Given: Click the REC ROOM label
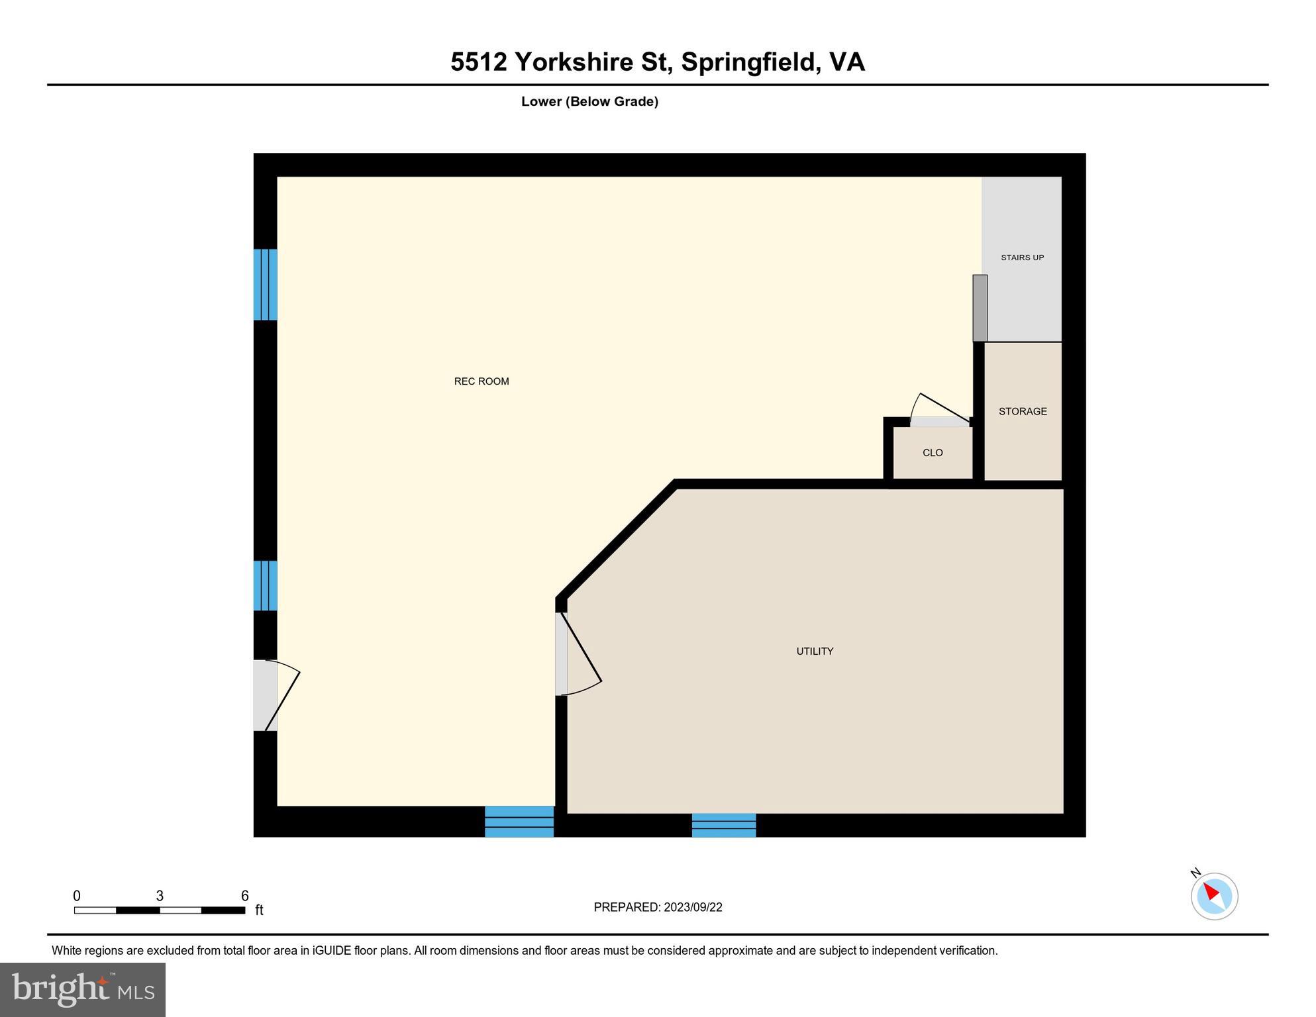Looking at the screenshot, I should [481, 381].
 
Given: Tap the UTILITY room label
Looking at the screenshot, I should [815, 652].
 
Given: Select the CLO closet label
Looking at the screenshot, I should [933, 453].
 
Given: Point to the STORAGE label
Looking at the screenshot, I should [1023, 411].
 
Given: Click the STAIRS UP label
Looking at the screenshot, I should [1022, 258].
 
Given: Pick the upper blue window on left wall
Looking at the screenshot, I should [265, 285].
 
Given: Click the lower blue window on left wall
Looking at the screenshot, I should [265, 585].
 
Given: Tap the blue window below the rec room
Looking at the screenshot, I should [519, 822].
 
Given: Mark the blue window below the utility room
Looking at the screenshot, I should [724, 825].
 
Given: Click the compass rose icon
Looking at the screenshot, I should [1214, 896].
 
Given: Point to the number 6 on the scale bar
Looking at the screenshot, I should [244, 896].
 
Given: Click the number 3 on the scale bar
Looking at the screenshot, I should [160, 896].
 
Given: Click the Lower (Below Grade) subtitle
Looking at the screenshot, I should [589, 101].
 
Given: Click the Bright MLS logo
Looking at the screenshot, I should [83, 990].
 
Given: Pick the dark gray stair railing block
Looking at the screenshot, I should [980, 308].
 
